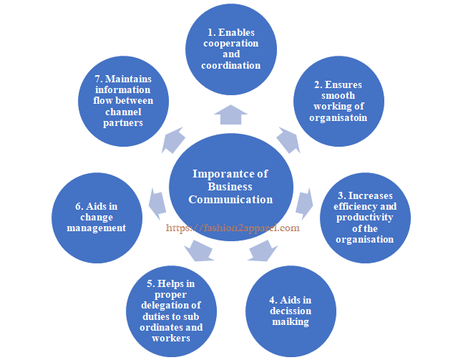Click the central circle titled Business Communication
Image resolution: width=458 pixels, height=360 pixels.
pos(230,188)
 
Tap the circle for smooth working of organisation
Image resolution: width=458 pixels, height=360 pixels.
pos(339,102)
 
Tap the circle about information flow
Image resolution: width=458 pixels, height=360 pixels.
pos(122,102)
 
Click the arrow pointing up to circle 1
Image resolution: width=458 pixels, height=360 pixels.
pos(230,113)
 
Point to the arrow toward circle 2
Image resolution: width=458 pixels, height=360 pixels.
pos(288,140)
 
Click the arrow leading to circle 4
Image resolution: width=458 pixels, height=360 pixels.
pos(263,252)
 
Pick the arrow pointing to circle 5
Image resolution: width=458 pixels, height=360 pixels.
pos(198,252)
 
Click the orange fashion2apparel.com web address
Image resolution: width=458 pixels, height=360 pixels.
pos(233,228)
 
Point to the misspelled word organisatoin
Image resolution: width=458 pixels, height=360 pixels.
pos(339,117)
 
